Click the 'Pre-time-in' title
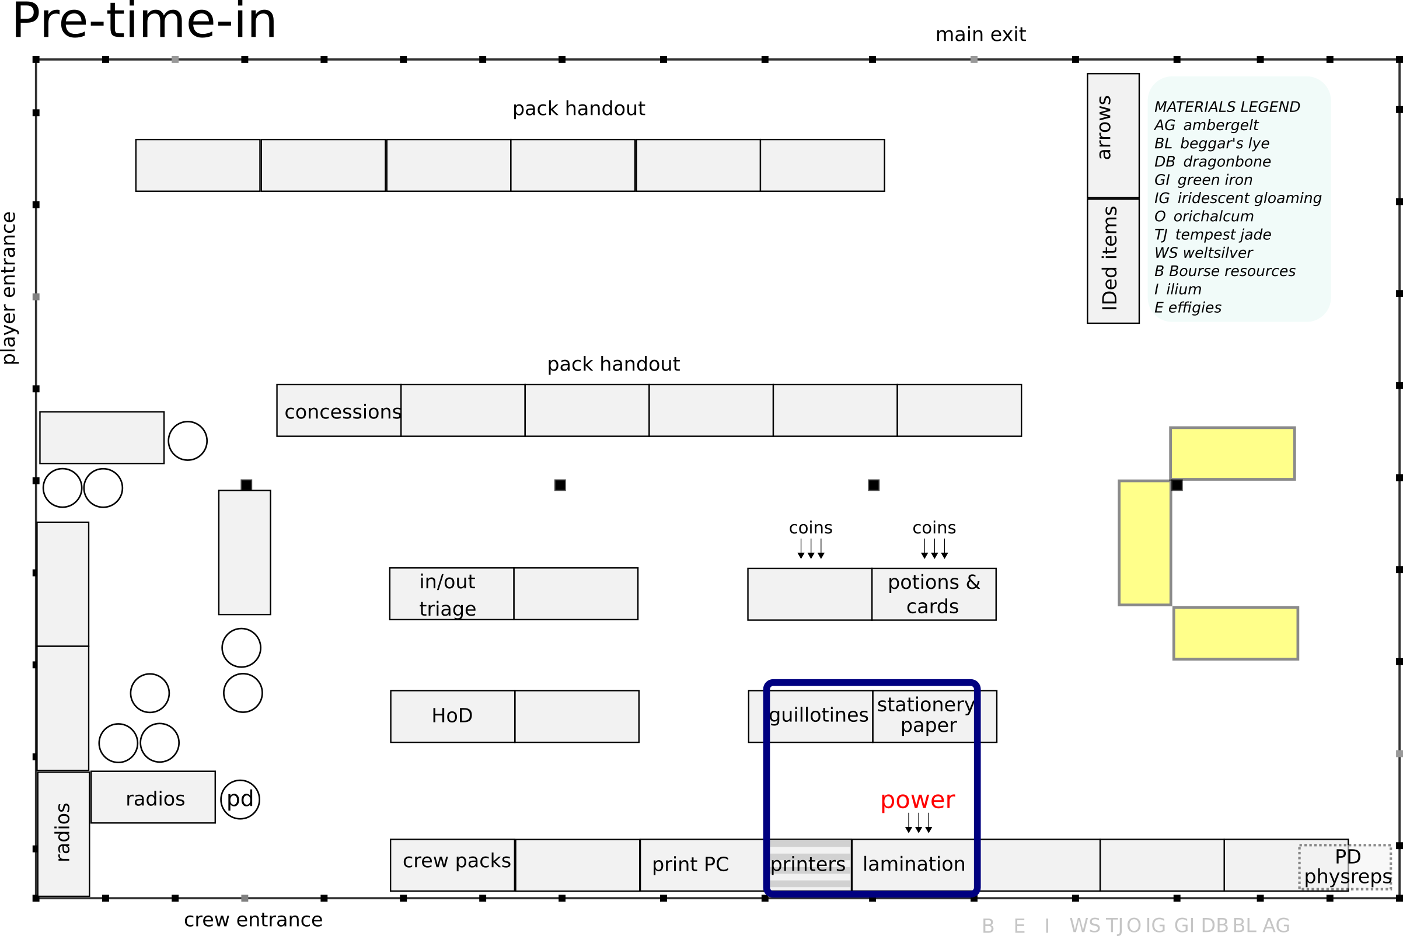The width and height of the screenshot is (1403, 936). point(144,22)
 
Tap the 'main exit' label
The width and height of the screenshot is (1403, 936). point(980,34)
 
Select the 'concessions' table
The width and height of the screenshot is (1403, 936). point(339,411)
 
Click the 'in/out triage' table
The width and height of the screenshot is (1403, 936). point(451,594)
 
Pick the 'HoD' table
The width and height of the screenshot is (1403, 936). point(452,717)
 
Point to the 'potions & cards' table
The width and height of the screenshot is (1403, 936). point(934,595)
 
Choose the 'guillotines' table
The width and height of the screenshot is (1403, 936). point(818,716)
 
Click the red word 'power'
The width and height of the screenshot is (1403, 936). point(917,799)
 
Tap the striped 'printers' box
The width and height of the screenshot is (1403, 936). point(808,864)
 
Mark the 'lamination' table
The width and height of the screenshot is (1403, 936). point(913,864)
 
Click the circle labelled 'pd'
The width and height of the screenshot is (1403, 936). point(240,799)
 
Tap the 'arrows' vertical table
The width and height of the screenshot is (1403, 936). point(1113,135)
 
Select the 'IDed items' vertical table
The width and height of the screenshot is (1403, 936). point(1113,260)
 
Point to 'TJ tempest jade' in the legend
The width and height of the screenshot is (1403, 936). point(1212,235)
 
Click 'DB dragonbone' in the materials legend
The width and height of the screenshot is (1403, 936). point(1212,162)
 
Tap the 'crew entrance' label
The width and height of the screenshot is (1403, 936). point(253,920)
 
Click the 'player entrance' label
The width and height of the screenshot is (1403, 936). point(9,288)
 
